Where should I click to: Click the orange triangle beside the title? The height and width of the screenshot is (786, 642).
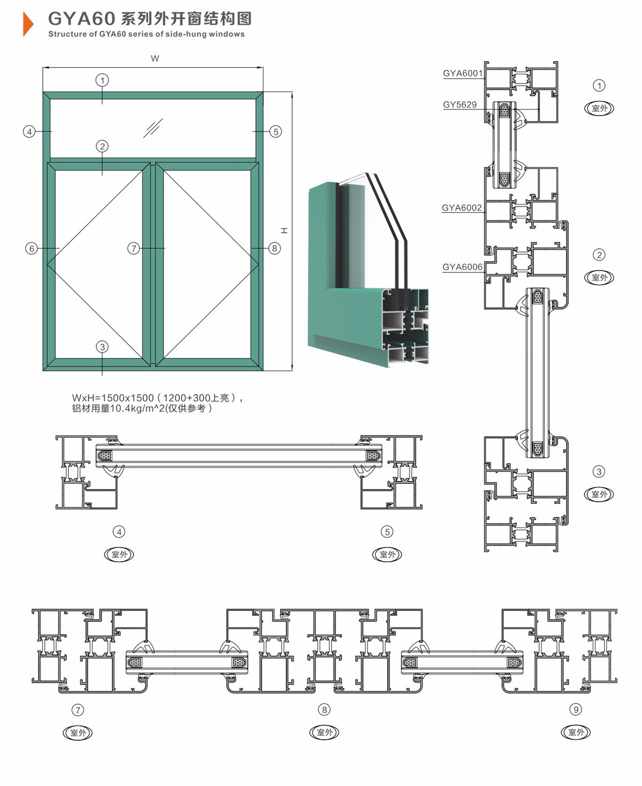pyautogui.click(x=28, y=24)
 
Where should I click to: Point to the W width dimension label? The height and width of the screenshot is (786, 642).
pyautogui.click(x=155, y=58)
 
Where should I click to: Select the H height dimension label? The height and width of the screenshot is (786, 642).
pyautogui.click(x=284, y=231)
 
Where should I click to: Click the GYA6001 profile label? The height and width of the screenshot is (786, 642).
pyautogui.click(x=463, y=73)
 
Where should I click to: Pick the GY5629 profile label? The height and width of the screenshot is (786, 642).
pyautogui.click(x=460, y=105)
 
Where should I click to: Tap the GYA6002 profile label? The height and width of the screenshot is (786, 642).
pyautogui.click(x=462, y=208)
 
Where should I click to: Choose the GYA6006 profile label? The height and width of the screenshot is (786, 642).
pyautogui.click(x=462, y=267)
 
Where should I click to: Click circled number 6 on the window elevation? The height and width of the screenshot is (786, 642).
pyautogui.click(x=32, y=248)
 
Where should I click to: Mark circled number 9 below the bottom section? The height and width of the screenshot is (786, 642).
pyautogui.click(x=576, y=709)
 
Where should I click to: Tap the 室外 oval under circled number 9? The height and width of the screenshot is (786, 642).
pyautogui.click(x=576, y=732)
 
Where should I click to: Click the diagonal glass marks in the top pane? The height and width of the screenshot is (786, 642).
pyautogui.click(x=153, y=128)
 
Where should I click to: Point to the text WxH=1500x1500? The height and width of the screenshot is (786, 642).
pyautogui.click(x=113, y=398)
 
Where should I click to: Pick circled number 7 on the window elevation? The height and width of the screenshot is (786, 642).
pyautogui.click(x=133, y=248)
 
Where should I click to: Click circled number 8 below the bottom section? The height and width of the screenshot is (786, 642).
pyautogui.click(x=324, y=709)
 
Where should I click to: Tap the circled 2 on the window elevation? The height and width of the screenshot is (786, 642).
pyautogui.click(x=102, y=146)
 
